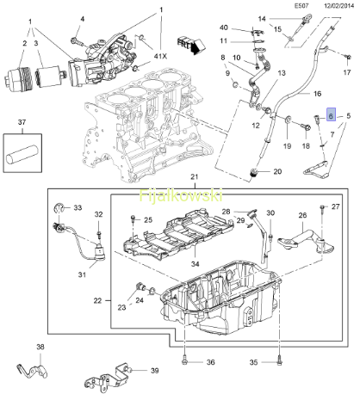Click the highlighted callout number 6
pyautogui.click(x=331, y=114)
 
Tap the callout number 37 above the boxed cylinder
pyautogui.click(x=22, y=122)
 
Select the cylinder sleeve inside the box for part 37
pyautogui.click(x=22, y=155)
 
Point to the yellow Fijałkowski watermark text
pyautogui.click(x=181, y=195)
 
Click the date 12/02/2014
pyautogui.click(x=339, y=6)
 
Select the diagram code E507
pyautogui.click(x=301, y=6)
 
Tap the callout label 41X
pyautogui.click(x=160, y=56)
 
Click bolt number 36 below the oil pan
pyautogui.click(x=184, y=362)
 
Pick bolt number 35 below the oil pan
pyautogui.click(x=279, y=362)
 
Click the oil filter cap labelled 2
pyautogui.click(x=17, y=77)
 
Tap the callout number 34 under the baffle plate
pyautogui.click(x=195, y=263)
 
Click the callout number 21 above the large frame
pyautogui.click(x=195, y=176)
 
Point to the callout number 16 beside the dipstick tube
pyautogui.click(x=317, y=94)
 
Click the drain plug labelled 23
pyautogui.click(x=141, y=286)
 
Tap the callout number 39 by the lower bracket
pyautogui.click(x=155, y=371)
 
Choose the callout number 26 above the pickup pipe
pyautogui.click(x=302, y=215)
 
